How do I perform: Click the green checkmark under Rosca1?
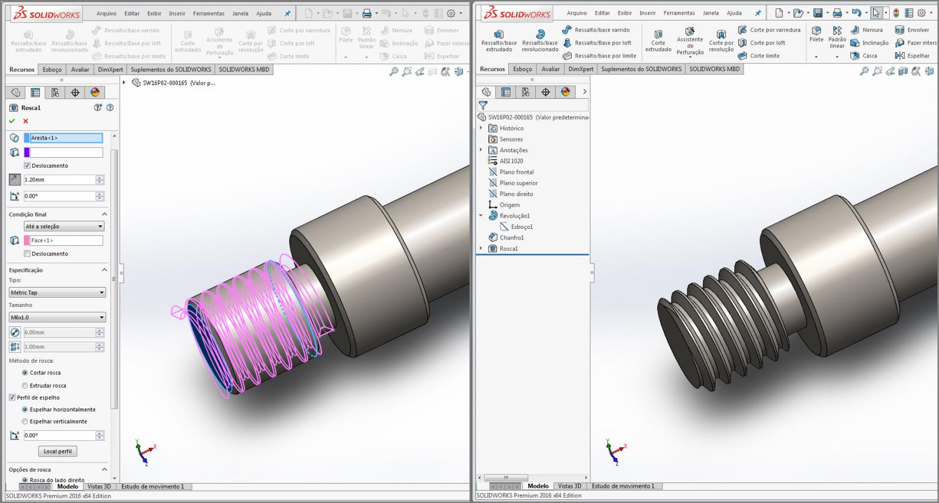tap(12, 121)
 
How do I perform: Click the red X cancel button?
tap(25, 121)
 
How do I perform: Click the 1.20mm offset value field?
tap(59, 180)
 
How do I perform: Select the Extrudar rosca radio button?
tap(25, 386)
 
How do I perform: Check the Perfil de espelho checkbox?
tap(12, 397)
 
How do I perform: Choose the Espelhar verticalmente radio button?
tap(25, 421)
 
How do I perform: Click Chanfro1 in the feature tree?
tap(511, 238)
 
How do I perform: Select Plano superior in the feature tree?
tap(518, 183)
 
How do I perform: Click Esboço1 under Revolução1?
tap(521, 227)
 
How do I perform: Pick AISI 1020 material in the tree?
tap(511, 161)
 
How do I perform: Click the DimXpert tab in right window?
tap(580, 69)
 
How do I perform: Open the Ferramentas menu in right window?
tap(679, 13)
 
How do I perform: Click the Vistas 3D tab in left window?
tap(99, 487)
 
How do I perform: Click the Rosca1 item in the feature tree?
tap(508, 249)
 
